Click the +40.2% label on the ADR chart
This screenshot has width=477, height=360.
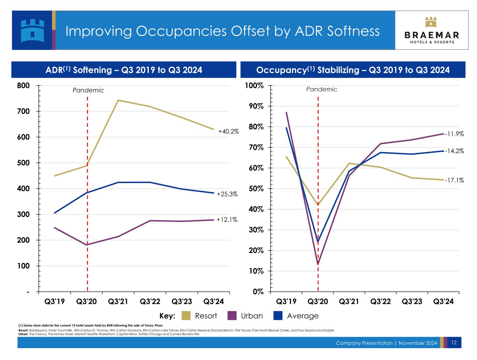[x=228, y=131]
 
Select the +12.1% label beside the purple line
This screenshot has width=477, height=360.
[x=227, y=219]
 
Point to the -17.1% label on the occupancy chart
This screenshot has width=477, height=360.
[x=454, y=180]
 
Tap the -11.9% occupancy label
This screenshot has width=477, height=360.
[x=454, y=134]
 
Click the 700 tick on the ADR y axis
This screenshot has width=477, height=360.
[x=23, y=111]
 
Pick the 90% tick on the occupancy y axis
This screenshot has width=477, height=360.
[x=256, y=106]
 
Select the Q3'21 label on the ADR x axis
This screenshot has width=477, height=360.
[x=118, y=302]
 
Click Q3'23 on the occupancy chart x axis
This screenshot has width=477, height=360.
[x=412, y=302]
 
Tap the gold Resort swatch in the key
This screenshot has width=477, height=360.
[x=186, y=316]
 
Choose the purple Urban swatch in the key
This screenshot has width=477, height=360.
[x=232, y=316]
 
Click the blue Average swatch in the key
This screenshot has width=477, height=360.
[x=278, y=316]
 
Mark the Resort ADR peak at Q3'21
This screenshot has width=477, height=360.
[x=118, y=100]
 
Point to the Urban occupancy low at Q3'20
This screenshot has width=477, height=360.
[x=318, y=264]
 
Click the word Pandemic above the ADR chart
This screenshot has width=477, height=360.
[x=88, y=90]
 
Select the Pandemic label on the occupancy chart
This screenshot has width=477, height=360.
[x=321, y=89]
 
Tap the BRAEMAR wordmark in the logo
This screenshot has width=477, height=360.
[x=432, y=35]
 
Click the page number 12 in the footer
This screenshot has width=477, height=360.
[x=454, y=343]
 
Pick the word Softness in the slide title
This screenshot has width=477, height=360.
[x=353, y=31]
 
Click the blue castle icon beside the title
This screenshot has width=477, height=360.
[x=32, y=30]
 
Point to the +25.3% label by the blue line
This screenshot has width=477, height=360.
[x=227, y=194]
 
